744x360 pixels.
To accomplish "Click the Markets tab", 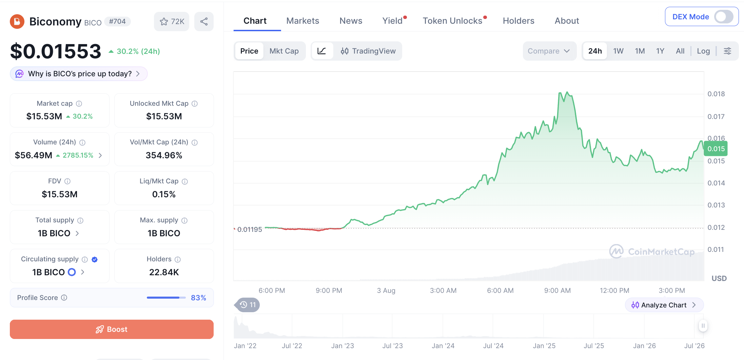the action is coord(302,21).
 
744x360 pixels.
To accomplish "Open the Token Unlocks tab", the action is coord(452,21).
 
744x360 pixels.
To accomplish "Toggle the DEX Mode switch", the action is coord(723,17).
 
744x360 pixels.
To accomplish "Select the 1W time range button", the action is coord(618,51).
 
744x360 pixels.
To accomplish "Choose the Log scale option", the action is coord(703,51).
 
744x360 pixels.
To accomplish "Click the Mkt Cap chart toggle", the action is coord(284,51).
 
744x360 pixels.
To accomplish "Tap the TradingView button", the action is coord(368,51).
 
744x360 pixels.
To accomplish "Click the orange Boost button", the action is coord(112,329).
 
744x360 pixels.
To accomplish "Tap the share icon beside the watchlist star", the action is coord(204,22).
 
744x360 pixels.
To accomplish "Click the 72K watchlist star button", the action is coord(172,22).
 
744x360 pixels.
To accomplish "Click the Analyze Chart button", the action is coord(664,305).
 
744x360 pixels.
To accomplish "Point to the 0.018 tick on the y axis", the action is coord(716,94).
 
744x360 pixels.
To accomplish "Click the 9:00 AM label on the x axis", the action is coord(557,291).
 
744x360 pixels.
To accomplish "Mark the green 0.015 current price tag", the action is coord(716,149).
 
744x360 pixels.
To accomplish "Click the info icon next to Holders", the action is coord(178,259).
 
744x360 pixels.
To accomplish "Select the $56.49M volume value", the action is coord(34,155).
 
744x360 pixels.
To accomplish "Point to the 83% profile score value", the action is coord(198,298).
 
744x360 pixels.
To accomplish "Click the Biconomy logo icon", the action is coord(17,22).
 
